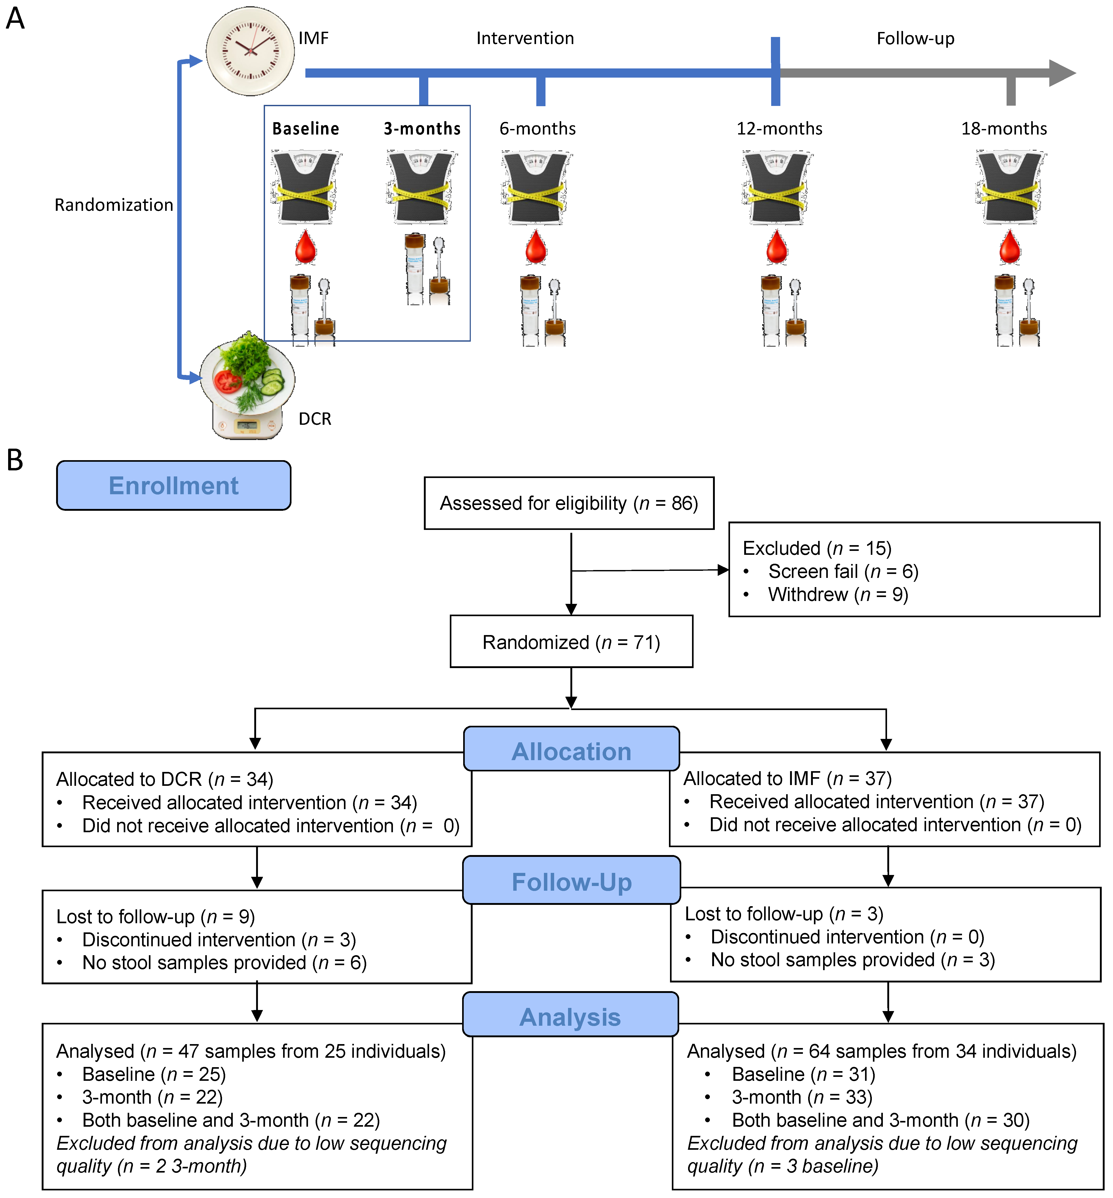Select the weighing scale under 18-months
click(1010, 187)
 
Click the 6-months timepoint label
click(537, 128)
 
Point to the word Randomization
click(114, 205)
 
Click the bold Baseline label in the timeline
click(305, 128)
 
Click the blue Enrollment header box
click(174, 485)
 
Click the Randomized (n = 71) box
click(571, 642)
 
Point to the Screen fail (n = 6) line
click(842, 571)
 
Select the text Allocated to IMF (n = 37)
click(787, 778)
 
